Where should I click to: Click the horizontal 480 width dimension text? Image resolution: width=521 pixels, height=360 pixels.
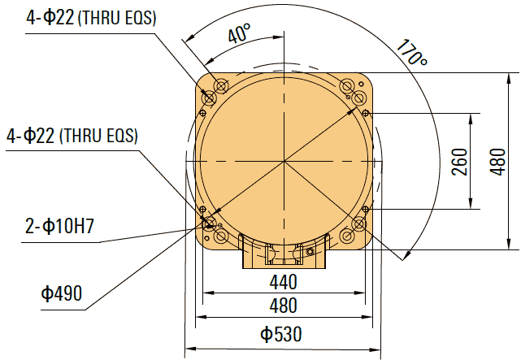(284, 306)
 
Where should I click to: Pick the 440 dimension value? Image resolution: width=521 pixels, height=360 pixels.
(284, 282)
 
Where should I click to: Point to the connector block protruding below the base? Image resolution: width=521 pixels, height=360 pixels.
(283, 253)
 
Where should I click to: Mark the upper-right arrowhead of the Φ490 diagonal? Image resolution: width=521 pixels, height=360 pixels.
(355, 98)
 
